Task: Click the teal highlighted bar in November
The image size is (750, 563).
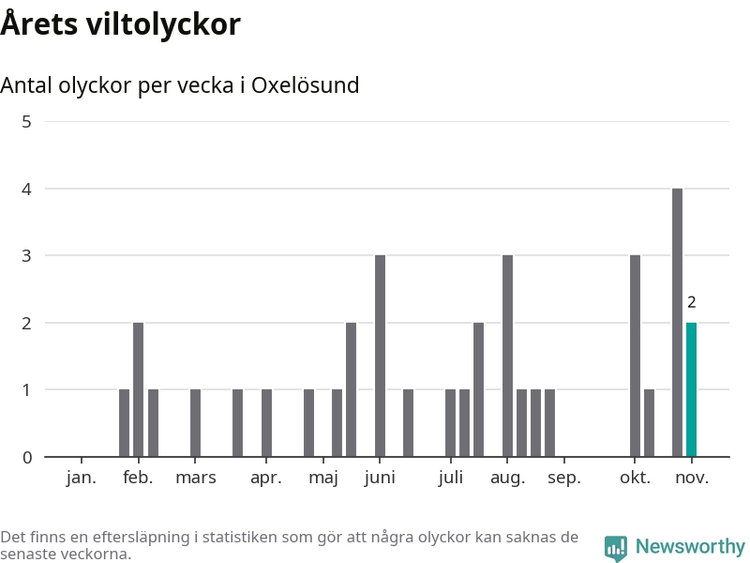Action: [692, 389]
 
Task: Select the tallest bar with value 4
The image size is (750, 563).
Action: [677, 323]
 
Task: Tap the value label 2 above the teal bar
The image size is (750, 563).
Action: [692, 302]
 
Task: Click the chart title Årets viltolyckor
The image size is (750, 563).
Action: [120, 24]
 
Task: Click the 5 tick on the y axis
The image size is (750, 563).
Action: [26, 122]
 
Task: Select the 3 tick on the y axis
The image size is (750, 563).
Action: [26, 255]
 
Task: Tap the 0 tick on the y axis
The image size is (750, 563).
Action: [26, 457]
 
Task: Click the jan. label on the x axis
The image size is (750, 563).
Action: [82, 478]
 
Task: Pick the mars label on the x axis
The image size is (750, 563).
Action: [195, 478]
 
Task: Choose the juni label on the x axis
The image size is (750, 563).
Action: [380, 478]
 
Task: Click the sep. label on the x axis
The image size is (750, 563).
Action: [564, 478]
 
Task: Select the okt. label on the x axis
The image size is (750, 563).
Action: [635, 478]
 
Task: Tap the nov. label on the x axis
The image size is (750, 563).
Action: [692, 478]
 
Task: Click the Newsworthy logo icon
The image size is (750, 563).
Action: [615, 548]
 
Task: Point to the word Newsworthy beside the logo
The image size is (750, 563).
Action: [690, 546]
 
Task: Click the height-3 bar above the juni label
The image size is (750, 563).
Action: [380, 357]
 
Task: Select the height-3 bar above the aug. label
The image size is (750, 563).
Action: [507, 357]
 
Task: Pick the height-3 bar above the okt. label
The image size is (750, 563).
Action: [635, 357]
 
